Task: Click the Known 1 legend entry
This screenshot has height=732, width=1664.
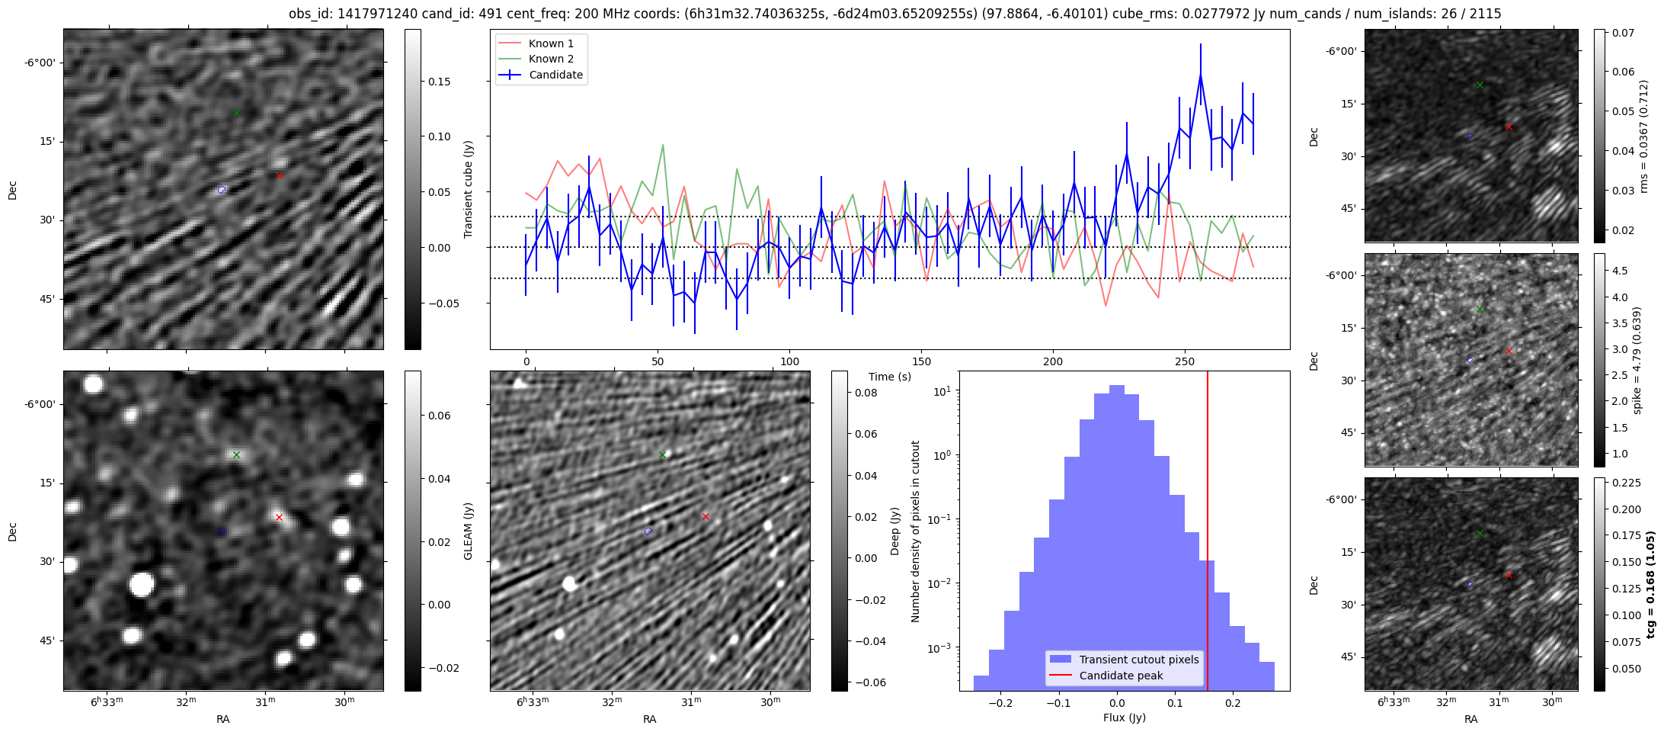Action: click(x=551, y=43)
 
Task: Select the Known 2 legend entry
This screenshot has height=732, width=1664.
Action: click(x=551, y=59)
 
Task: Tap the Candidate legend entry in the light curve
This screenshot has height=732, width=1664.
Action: click(x=555, y=75)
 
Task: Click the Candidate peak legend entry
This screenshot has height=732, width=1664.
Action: click(x=1121, y=676)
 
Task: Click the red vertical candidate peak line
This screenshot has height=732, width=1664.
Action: click(x=1208, y=534)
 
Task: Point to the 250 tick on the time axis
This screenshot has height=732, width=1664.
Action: click(x=1184, y=361)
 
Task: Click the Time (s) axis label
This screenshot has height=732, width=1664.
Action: click(x=890, y=377)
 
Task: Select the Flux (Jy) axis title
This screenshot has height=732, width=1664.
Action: click(x=1124, y=718)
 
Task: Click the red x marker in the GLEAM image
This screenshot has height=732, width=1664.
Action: click(x=279, y=517)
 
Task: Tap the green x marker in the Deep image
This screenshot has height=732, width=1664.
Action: click(x=662, y=454)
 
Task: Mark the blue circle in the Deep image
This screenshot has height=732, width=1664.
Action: click(x=648, y=531)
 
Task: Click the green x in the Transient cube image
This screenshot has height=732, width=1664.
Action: click(x=236, y=114)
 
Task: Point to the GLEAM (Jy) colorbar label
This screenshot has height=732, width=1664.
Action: click(x=469, y=531)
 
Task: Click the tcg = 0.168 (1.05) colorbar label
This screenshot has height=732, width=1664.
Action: click(x=1650, y=584)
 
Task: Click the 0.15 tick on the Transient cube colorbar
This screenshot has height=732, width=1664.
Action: click(x=439, y=82)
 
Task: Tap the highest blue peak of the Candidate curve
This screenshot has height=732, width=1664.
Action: click(x=1200, y=75)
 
